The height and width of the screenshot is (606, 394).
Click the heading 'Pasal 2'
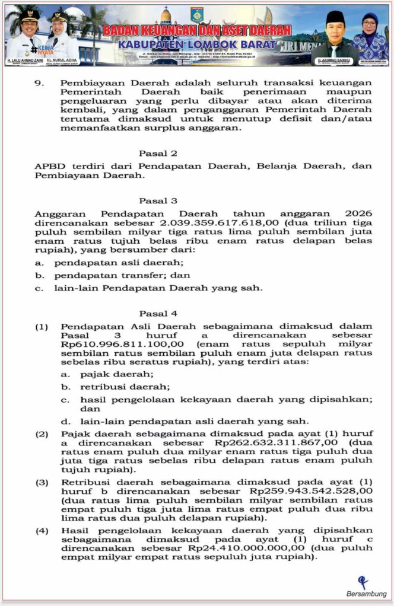pos(158,153)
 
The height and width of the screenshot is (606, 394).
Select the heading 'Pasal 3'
pos(158,201)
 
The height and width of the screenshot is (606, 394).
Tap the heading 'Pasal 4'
pos(158,313)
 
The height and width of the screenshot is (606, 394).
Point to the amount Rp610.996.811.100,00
pos(112,344)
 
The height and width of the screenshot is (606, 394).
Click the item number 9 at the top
pos(39,82)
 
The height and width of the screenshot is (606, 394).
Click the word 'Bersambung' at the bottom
pos(366,594)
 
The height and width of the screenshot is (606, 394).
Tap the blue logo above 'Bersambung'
pos(363,582)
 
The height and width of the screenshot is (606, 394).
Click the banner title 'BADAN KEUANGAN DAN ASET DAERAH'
pos(197,30)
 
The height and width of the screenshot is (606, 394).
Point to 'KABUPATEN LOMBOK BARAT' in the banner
pos(197,44)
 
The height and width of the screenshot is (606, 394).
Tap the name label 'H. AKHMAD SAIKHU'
pos(333,60)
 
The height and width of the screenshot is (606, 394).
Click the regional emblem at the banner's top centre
pos(197,14)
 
